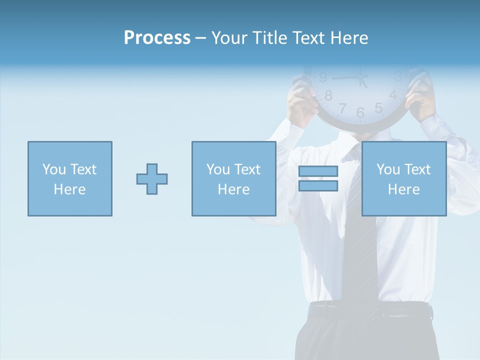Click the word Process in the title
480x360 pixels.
click(x=157, y=38)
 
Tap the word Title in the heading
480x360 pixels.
click(x=268, y=38)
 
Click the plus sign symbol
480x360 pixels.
click(x=152, y=179)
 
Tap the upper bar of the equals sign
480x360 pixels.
click(x=318, y=171)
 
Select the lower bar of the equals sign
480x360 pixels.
click(x=318, y=185)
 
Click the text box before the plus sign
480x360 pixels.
click(x=69, y=179)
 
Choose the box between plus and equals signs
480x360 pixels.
click(x=233, y=179)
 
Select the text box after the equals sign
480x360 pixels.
click(x=403, y=179)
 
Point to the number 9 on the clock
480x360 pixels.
click(x=323, y=77)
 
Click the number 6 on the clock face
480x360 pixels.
click(x=360, y=113)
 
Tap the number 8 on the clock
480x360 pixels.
click(x=328, y=95)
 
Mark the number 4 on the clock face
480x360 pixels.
click(x=393, y=94)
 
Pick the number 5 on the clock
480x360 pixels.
click(x=378, y=107)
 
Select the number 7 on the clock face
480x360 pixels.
click(x=342, y=107)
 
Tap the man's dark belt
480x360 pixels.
click(x=370, y=311)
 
